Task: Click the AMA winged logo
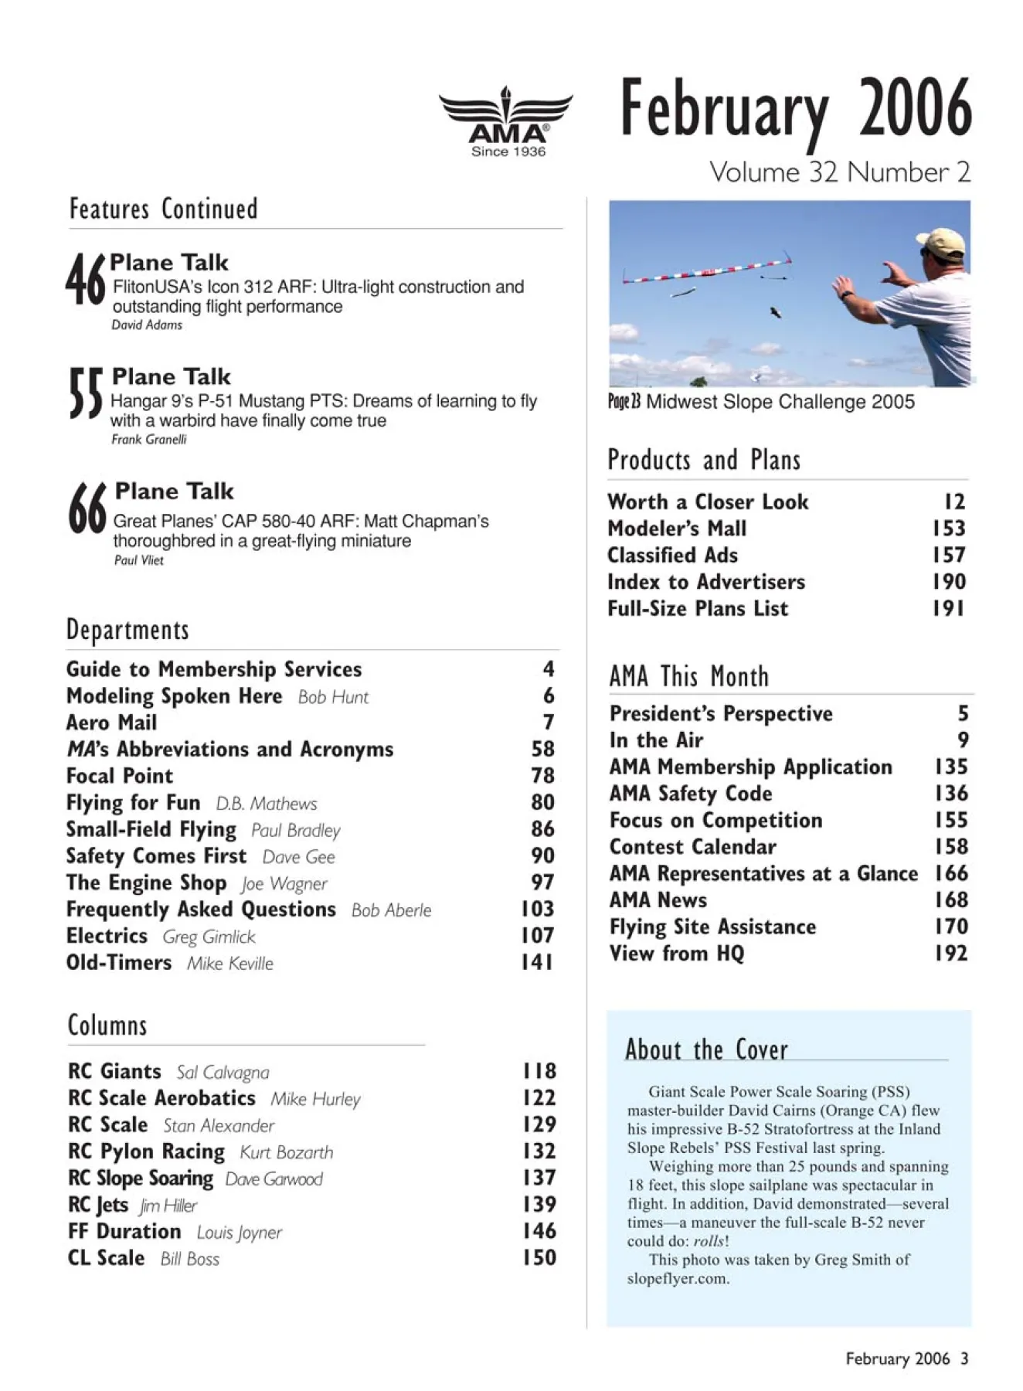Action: click(506, 121)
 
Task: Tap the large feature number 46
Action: click(85, 281)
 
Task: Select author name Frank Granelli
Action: click(149, 440)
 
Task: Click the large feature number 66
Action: click(87, 508)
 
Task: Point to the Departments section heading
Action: click(127, 630)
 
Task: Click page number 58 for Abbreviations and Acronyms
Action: click(542, 749)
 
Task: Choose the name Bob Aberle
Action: click(391, 910)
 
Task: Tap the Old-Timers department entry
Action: click(119, 963)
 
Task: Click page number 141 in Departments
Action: click(537, 962)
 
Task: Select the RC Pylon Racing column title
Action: click(146, 1151)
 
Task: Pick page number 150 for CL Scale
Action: click(539, 1258)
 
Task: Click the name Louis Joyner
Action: click(239, 1233)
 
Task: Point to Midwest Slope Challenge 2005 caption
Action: click(780, 402)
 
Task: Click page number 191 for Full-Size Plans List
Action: click(949, 609)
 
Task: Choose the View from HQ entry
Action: click(677, 954)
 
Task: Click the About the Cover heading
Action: click(706, 1049)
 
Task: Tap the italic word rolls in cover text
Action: click(709, 1242)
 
